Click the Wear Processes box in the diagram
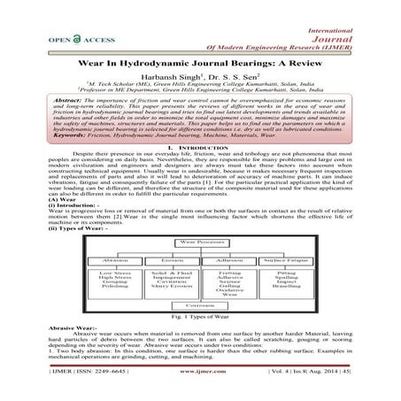[200, 241]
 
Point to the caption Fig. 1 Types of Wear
[200, 316]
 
